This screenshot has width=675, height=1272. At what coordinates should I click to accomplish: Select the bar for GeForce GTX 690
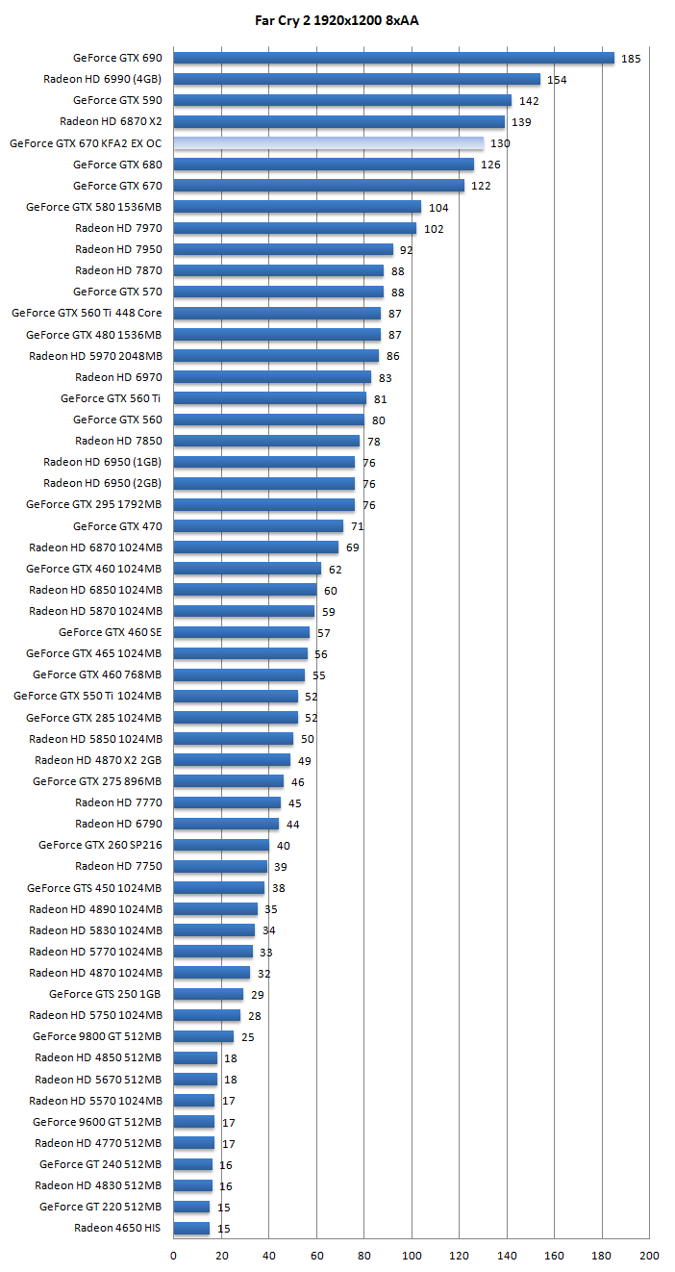(393, 58)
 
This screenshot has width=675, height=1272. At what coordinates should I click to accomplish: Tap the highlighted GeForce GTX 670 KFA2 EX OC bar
(328, 142)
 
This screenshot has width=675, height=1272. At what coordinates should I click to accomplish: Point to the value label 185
(631, 59)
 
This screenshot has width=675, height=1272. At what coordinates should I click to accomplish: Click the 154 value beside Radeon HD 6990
(557, 80)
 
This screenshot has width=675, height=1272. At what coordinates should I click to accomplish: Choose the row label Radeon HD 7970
(118, 228)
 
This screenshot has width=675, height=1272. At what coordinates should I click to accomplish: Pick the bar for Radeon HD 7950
(283, 249)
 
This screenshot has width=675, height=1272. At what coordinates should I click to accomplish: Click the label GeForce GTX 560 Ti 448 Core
(87, 313)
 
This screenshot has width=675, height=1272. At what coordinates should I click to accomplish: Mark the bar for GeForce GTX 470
(258, 525)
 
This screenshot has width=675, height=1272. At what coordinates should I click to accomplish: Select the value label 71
(357, 526)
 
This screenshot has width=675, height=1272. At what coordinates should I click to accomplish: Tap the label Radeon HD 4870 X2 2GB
(98, 760)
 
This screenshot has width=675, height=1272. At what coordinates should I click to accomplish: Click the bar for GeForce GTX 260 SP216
(221, 845)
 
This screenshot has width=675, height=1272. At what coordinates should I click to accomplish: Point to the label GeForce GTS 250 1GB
(106, 994)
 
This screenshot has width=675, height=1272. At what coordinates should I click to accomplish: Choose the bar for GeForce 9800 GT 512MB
(203, 1036)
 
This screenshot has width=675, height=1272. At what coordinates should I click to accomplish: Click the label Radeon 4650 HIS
(118, 1228)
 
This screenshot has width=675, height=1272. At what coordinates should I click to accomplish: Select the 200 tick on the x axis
(649, 1255)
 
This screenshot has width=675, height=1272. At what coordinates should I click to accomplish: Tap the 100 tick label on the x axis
(412, 1255)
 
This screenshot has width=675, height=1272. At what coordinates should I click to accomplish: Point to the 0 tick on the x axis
(173, 1255)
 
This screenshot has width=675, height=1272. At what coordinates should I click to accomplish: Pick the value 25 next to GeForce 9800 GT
(247, 1037)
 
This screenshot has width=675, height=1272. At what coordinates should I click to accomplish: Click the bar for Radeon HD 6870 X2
(338, 121)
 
